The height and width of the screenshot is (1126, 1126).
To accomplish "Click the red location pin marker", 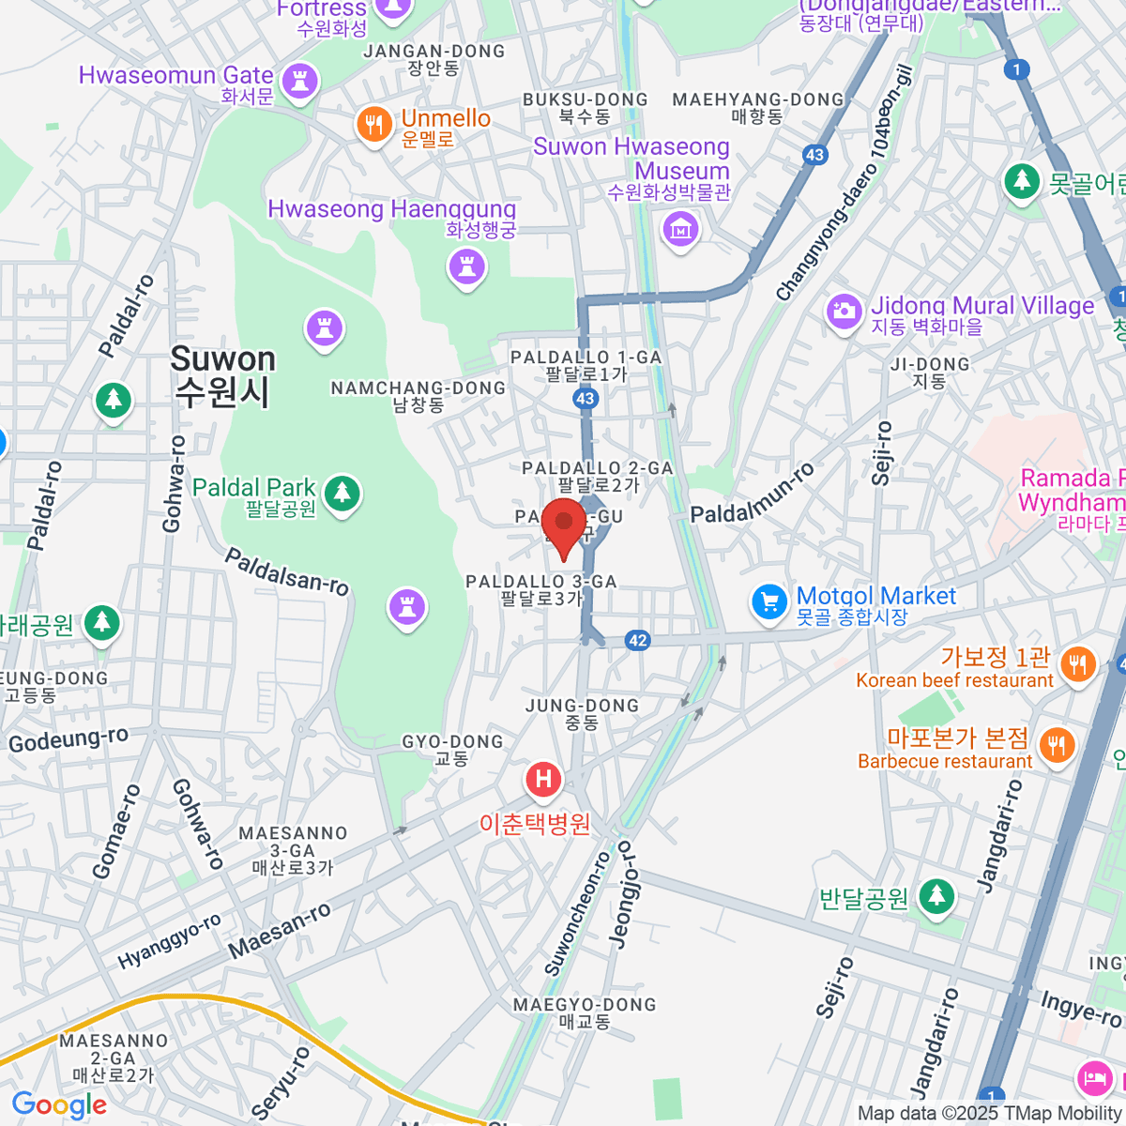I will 564,525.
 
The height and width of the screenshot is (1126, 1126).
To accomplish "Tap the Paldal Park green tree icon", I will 342,492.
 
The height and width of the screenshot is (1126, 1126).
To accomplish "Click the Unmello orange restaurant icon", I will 373,124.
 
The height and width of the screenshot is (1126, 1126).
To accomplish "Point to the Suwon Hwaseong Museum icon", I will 680,228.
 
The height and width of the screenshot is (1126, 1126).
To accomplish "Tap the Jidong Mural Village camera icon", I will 844,311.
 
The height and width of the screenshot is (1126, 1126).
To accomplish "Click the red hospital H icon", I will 543,779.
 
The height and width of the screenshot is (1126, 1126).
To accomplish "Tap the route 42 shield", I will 638,641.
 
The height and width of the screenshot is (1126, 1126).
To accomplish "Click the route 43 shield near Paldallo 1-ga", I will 585,399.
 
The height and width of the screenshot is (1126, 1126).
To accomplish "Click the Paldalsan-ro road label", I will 287,571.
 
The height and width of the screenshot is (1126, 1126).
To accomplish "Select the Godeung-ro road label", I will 68,740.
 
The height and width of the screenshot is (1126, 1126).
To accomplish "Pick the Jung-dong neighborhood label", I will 582,713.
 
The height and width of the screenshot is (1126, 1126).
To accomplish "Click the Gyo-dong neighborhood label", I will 452,749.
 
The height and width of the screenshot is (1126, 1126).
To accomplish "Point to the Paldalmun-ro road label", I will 753,494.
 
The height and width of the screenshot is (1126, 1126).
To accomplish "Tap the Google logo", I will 59,1105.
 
